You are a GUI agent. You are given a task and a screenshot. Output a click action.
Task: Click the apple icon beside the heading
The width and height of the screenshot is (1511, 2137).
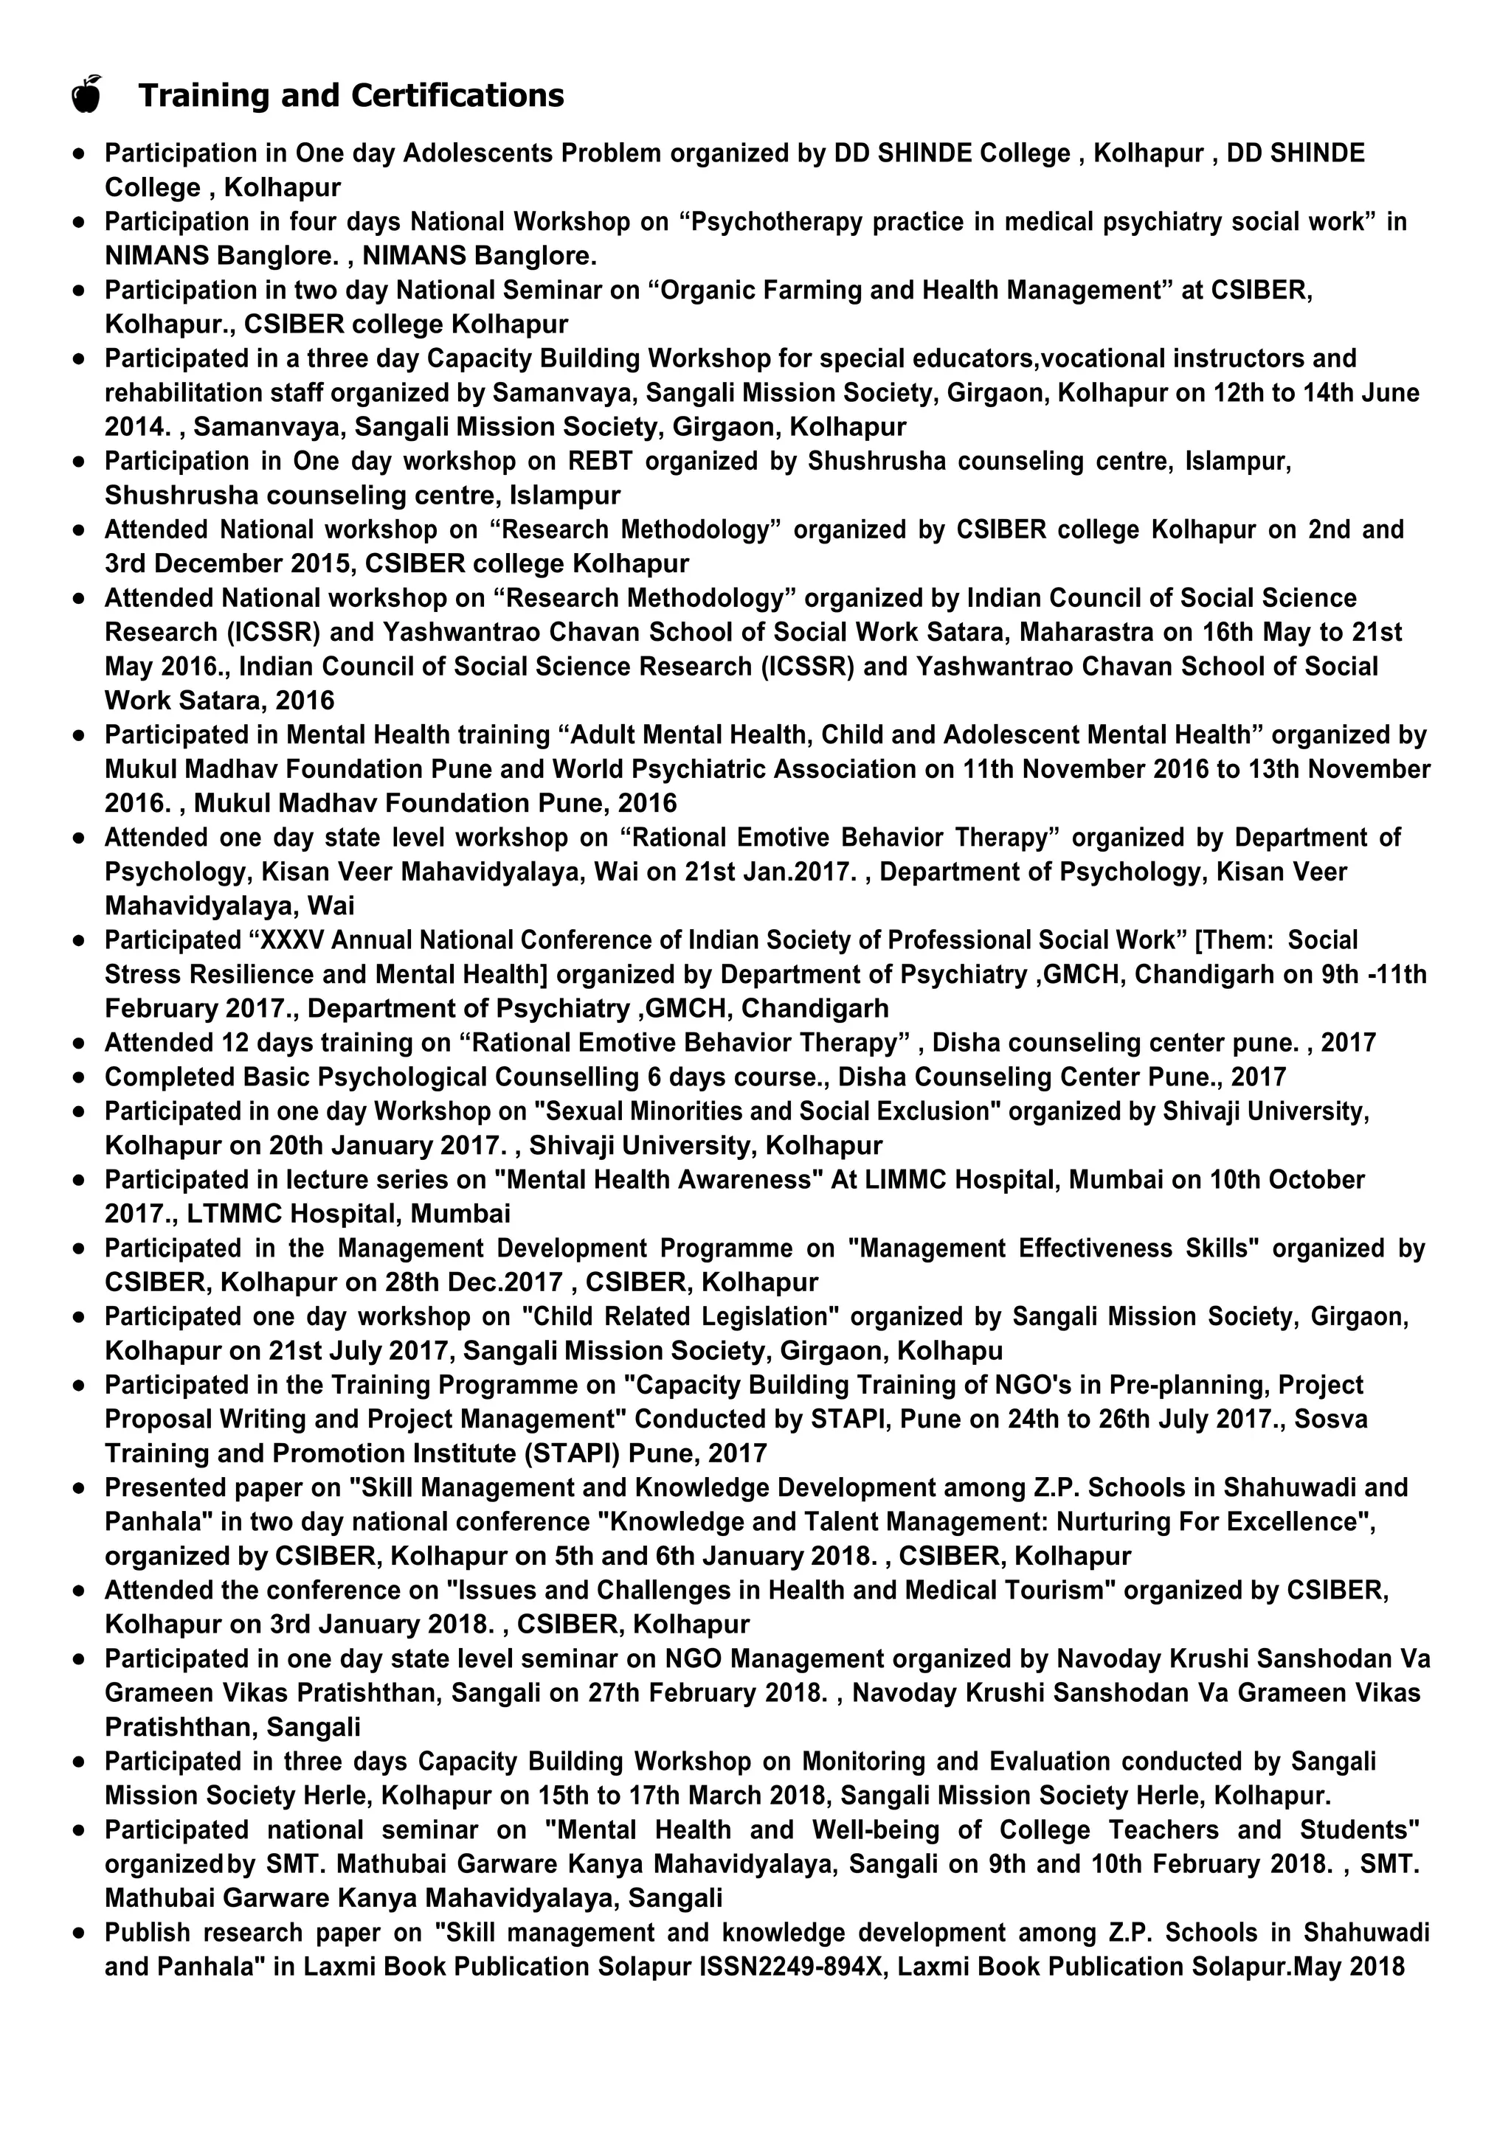[86, 95]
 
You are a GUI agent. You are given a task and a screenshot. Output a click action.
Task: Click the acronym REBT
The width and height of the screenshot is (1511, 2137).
[601, 462]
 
